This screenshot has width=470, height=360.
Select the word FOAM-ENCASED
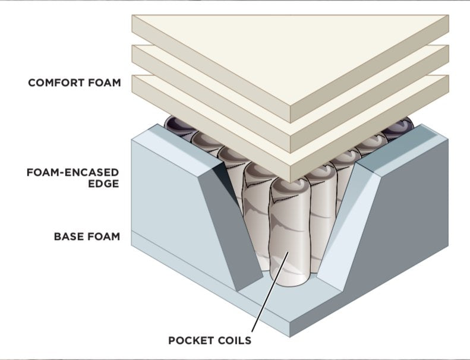pos(73,172)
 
